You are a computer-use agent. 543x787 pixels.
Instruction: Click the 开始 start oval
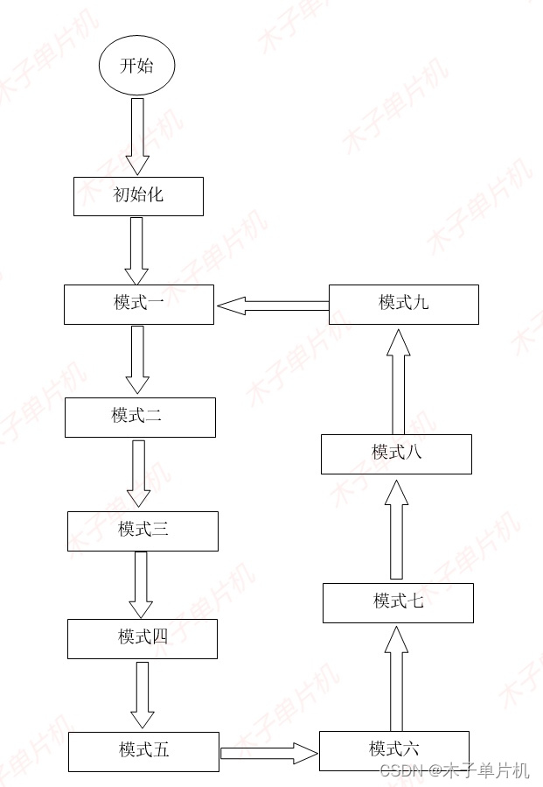coord(136,66)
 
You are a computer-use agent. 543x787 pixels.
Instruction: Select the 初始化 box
coord(138,196)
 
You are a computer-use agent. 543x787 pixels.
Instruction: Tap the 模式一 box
coord(138,305)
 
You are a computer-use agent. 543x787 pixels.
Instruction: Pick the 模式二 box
coord(140,417)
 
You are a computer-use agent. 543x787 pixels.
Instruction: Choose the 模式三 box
coord(143,531)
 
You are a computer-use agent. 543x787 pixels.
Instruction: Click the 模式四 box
coord(143,638)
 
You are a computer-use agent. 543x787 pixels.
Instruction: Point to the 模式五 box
coord(143,751)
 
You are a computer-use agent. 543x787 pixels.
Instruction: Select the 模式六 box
coord(394,750)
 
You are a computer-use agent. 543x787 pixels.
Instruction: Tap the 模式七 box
coord(398,602)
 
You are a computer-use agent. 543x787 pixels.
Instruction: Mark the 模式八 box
coord(396,453)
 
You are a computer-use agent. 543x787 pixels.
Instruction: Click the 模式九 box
coord(403,304)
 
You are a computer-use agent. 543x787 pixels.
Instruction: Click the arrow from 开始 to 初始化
coord(137,137)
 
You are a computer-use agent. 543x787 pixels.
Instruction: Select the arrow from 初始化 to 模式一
coord(137,249)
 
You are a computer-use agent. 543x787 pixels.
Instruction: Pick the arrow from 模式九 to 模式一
coord(272,306)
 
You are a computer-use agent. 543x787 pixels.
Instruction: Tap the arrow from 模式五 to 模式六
coord(268,752)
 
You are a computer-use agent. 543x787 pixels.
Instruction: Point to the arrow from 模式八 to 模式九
coord(398,382)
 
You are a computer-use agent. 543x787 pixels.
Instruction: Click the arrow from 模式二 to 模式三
coord(139,474)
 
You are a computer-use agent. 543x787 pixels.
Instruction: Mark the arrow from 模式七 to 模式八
coord(396,531)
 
